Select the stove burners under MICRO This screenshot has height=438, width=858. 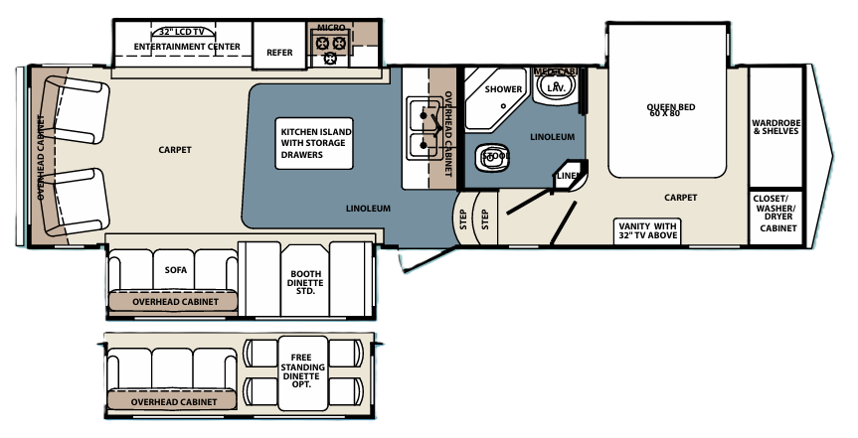(x=330, y=44)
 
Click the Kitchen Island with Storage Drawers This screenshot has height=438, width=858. (x=315, y=143)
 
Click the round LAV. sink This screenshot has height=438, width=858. (x=556, y=88)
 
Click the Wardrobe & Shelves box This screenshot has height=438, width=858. (x=775, y=125)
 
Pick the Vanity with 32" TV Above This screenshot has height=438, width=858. (x=647, y=231)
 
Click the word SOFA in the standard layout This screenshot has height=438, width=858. (x=176, y=269)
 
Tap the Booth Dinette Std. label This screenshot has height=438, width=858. (x=305, y=282)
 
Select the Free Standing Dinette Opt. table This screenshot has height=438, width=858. (x=302, y=368)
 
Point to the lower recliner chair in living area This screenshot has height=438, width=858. (x=79, y=195)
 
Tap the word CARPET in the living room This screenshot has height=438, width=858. (x=174, y=150)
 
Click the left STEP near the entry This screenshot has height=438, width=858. (x=463, y=219)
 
